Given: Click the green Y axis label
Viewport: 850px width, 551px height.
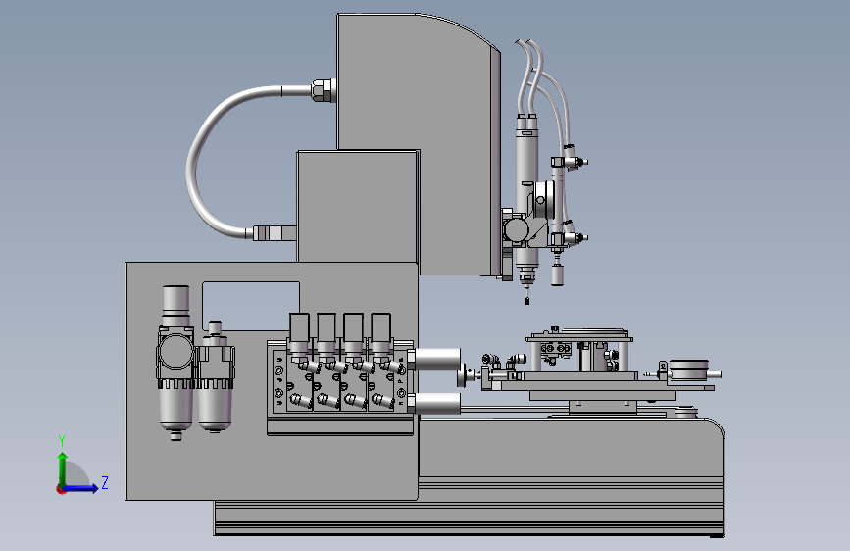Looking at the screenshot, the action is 62,441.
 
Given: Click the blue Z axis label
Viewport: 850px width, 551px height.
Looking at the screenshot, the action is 105,482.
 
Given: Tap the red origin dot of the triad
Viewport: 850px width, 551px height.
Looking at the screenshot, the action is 61,489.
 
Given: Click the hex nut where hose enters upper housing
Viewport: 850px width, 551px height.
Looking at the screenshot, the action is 324,90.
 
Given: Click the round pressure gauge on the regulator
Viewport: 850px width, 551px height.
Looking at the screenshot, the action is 175,351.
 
